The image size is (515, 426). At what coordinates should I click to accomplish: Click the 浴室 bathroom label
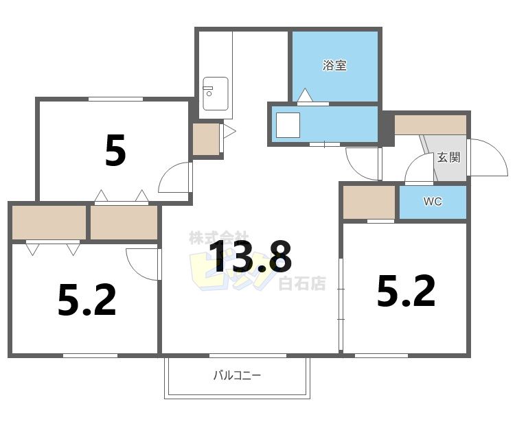pyautogui.click(x=334, y=66)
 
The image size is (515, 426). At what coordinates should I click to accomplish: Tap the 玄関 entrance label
pyautogui.click(x=449, y=157)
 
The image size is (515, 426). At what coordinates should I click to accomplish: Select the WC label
pyautogui.click(x=432, y=202)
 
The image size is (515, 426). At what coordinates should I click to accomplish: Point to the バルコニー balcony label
pyautogui.click(x=237, y=375)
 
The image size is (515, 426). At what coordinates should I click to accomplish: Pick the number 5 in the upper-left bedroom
pyautogui.click(x=115, y=151)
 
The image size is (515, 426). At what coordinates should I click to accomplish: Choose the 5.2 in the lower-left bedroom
pyautogui.click(x=87, y=300)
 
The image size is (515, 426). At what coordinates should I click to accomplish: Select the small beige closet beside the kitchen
pyautogui.click(x=205, y=139)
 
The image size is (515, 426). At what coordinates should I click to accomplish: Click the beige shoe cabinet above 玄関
pyautogui.click(x=431, y=125)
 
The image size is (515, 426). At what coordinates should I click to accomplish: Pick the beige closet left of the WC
pyautogui.click(x=369, y=202)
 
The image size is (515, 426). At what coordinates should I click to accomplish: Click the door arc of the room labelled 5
pyautogui.click(x=173, y=178)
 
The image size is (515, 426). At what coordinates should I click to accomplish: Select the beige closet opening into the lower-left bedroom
pyautogui.click(x=49, y=222)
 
